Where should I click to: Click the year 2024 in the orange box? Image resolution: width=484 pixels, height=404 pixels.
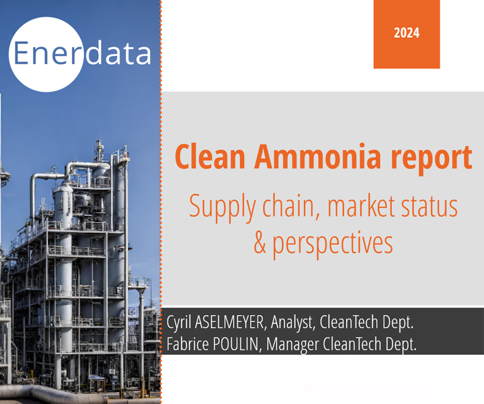click(407, 33)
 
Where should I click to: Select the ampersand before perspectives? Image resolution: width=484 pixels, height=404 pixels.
click(260, 242)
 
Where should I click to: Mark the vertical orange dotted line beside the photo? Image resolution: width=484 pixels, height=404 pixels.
click(161, 202)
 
